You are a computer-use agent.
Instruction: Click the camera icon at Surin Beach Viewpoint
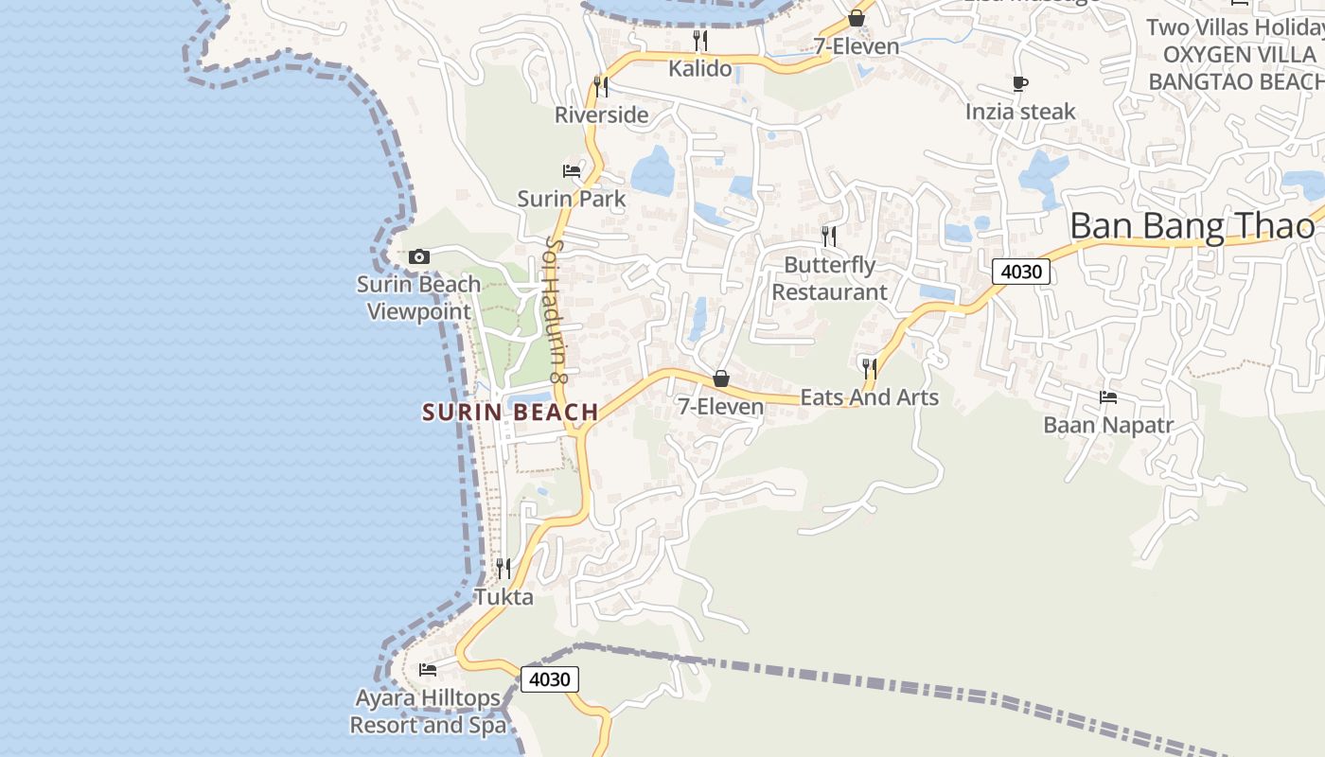(x=418, y=256)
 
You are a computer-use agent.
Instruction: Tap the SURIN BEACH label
(x=510, y=413)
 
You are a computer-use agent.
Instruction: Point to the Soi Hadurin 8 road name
(x=556, y=308)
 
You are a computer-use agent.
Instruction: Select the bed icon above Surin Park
(x=572, y=171)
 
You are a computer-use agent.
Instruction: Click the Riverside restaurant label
(x=601, y=115)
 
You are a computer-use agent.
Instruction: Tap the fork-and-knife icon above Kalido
(x=700, y=40)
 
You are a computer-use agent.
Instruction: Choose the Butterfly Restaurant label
(x=829, y=278)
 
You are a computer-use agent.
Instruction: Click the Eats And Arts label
(x=869, y=397)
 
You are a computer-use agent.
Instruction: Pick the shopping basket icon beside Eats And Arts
(x=721, y=378)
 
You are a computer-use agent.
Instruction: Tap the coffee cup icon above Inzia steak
(x=1020, y=84)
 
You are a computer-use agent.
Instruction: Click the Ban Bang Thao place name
(x=1192, y=226)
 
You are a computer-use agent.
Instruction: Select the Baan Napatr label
(x=1107, y=425)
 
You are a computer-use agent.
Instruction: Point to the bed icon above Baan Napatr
(x=1108, y=397)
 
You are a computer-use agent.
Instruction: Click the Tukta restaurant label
(x=503, y=597)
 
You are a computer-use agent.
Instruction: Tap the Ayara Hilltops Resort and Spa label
(x=428, y=712)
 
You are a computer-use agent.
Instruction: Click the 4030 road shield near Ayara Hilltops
(x=549, y=679)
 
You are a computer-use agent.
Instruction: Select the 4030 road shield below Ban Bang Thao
(x=1021, y=273)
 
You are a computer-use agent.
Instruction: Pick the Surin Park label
(x=572, y=199)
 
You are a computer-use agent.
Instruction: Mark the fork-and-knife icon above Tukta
(x=503, y=568)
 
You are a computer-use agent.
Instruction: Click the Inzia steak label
(x=1020, y=112)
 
